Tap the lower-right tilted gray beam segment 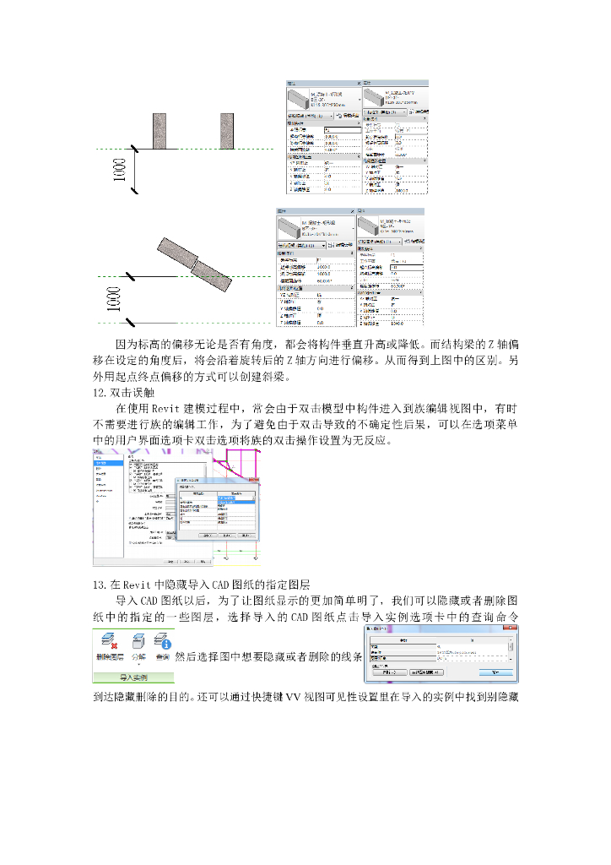point(213,273)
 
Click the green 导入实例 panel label point(133,677)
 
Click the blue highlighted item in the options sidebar point(105,463)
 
